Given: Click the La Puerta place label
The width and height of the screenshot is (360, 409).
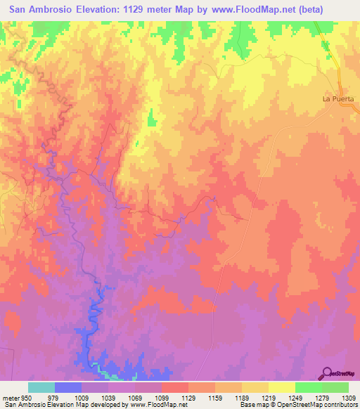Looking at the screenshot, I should (x=340, y=99).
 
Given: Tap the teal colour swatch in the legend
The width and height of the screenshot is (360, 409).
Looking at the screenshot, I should (x=41, y=387).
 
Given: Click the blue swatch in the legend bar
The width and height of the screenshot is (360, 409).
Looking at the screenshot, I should (x=67, y=387).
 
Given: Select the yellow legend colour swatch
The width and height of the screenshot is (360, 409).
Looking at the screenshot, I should (x=281, y=387).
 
